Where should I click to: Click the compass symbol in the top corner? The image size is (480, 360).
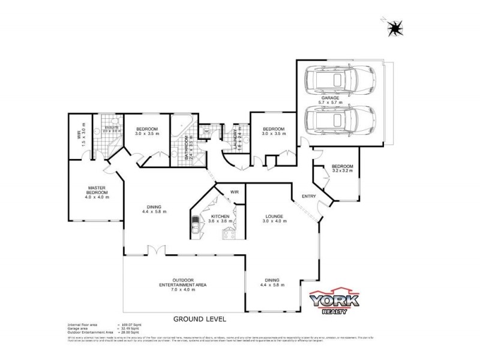[394, 27]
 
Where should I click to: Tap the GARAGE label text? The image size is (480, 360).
[331, 98]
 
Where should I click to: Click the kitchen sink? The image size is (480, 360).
[196, 227]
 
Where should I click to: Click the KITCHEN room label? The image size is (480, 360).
[219, 217]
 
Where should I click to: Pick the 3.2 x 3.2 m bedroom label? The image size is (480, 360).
[342, 168]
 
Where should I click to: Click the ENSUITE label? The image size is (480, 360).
[112, 127]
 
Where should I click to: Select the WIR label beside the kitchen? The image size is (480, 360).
[235, 192]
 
